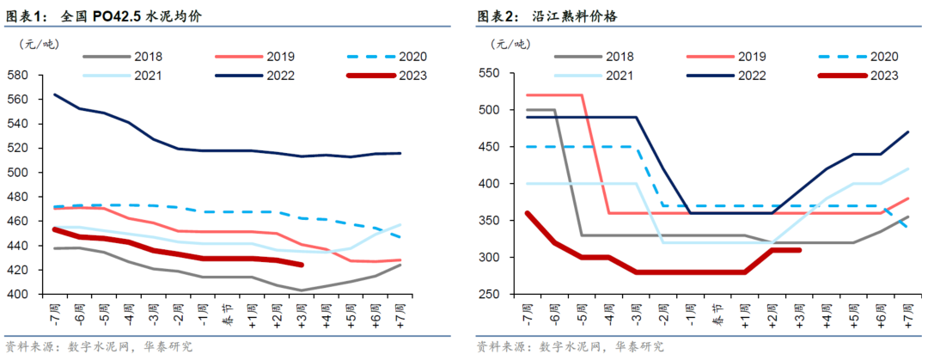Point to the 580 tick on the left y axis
click(x=17, y=75)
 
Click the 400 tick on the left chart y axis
click(x=17, y=294)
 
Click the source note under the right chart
click(x=570, y=346)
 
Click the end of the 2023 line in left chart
click(x=301, y=265)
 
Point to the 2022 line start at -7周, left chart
click(x=55, y=95)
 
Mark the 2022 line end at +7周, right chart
click(x=907, y=132)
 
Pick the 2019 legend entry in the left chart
click(x=279, y=57)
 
